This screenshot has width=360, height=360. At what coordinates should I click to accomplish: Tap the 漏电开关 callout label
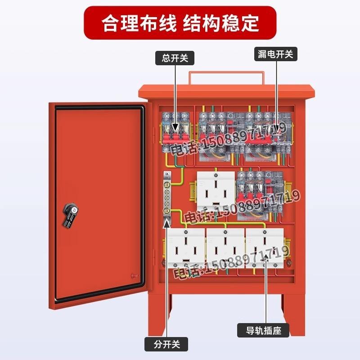coord(276,54)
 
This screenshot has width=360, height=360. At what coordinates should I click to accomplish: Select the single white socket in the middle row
coord(216,191)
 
